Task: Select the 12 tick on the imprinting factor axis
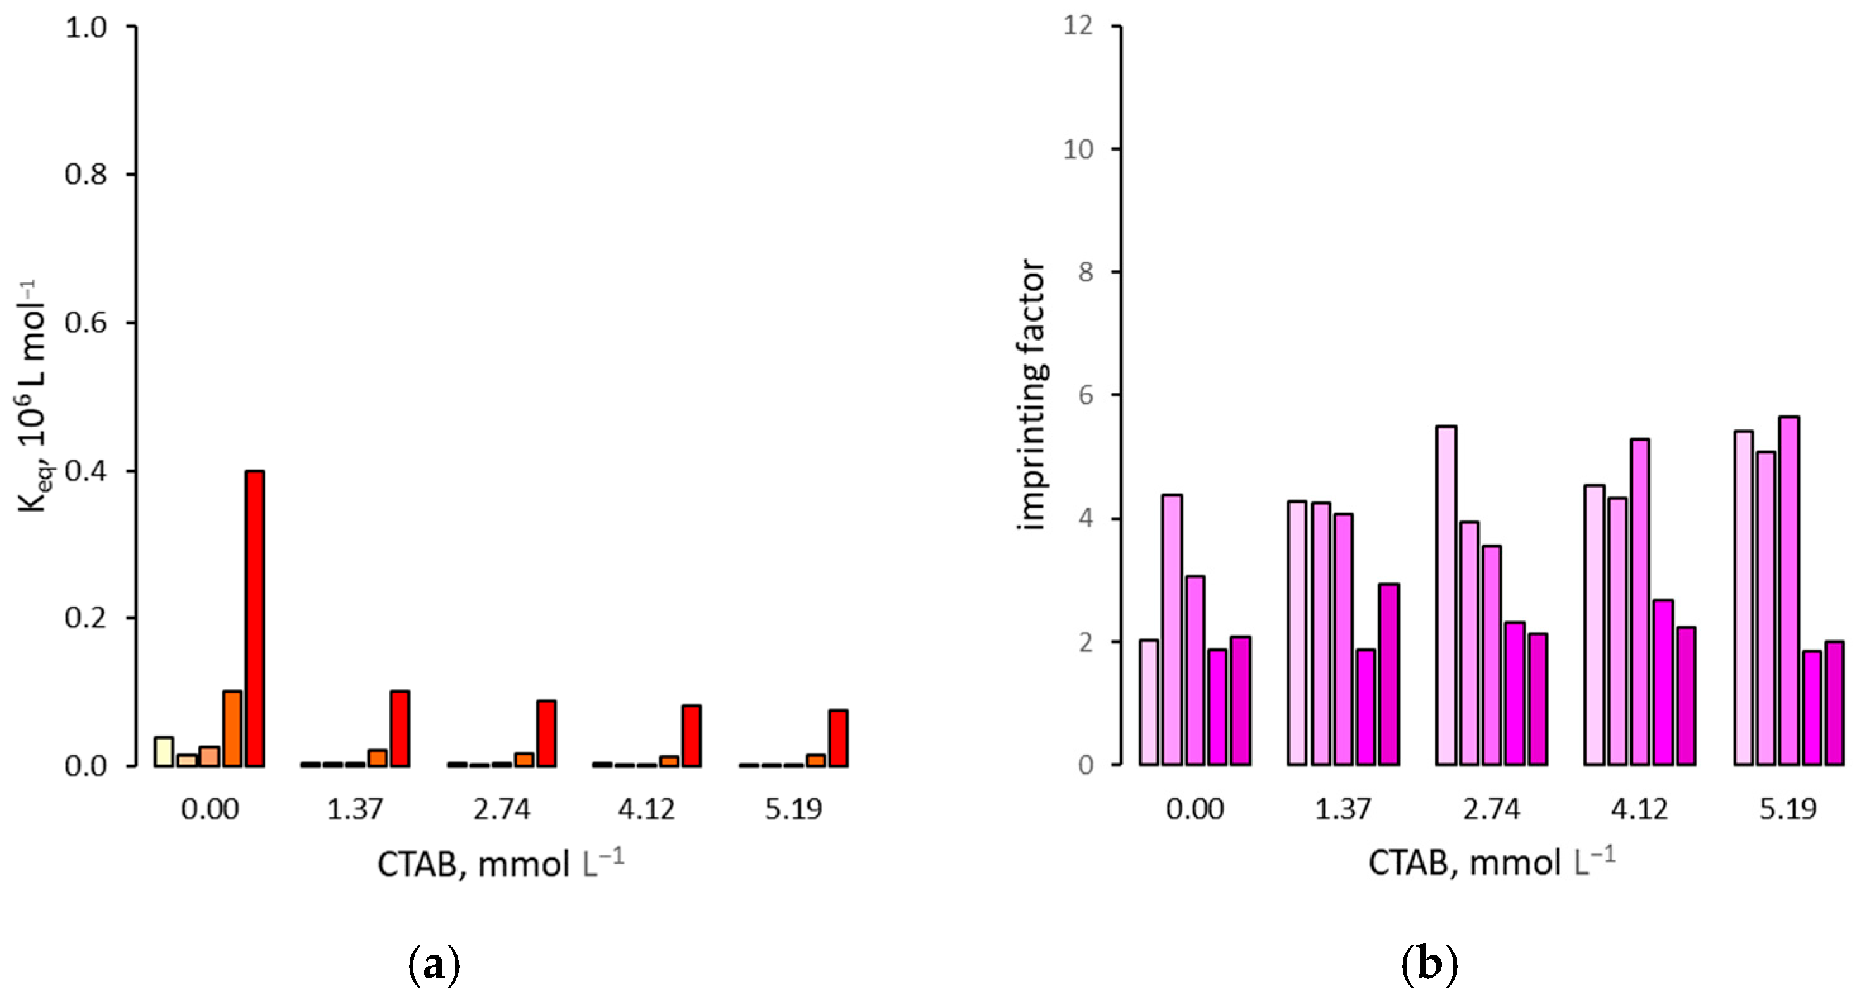(x=1078, y=26)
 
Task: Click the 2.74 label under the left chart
(x=501, y=809)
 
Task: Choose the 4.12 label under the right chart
(x=1639, y=809)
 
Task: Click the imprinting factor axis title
(x=1032, y=395)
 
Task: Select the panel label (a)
(x=434, y=964)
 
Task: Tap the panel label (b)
(x=1429, y=964)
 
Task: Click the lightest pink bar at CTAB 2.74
(x=1446, y=595)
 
